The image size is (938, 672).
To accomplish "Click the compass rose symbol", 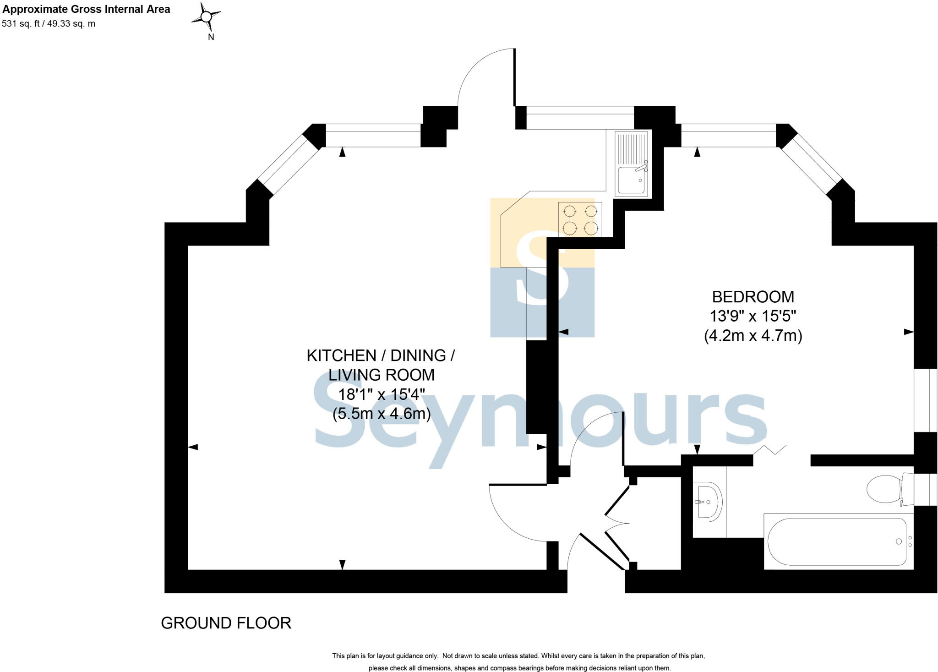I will tap(207, 17).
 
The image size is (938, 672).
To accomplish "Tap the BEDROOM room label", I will tap(753, 297).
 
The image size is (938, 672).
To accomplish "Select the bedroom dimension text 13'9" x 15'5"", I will tap(753, 316).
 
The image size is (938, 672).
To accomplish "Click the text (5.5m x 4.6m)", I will tap(381, 414).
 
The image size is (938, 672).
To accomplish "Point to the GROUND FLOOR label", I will tap(226, 623).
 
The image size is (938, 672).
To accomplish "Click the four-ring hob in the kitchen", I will tap(580, 219).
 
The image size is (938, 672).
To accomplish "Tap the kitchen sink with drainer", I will tap(632, 164).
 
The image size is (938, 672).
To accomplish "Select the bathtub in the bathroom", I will tap(837, 542).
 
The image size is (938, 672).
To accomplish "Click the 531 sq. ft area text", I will tap(49, 24).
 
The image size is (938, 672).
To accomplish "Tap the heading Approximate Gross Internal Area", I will tap(86, 9).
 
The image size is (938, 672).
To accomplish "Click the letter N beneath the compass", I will tap(211, 38).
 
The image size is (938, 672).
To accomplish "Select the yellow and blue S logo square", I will tap(542, 268).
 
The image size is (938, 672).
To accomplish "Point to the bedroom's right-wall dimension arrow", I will tap(909, 332).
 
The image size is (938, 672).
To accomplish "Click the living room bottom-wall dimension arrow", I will tap(342, 564).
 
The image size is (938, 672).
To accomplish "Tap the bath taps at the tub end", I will tap(910, 541).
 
